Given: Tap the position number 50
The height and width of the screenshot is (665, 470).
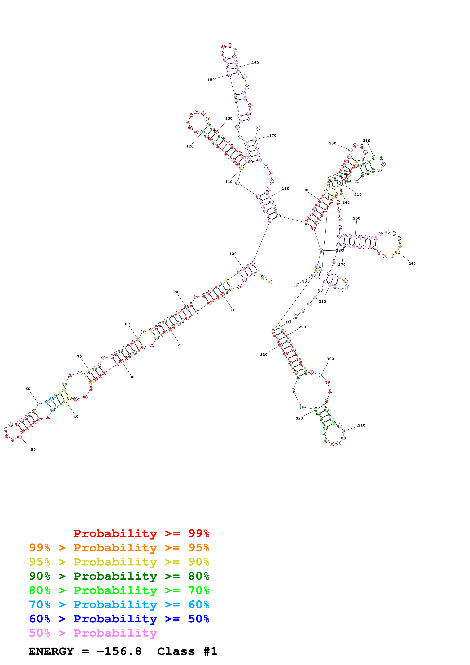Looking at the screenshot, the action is click(x=33, y=449).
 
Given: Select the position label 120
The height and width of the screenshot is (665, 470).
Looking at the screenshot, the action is click(x=190, y=146).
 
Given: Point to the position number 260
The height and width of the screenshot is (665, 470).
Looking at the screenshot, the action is click(x=412, y=263).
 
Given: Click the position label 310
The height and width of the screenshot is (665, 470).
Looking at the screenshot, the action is click(x=361, y=425).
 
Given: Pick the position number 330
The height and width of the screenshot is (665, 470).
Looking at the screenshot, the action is click(x=264, y=354).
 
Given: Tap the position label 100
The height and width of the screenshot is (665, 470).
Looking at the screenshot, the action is click(x=233, y=254).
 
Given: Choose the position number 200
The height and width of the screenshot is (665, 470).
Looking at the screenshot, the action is click(x=332, y=143).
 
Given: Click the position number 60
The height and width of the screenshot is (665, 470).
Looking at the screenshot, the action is click(x=28, y=389).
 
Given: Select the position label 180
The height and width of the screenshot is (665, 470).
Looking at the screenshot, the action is click(x=285, y=189).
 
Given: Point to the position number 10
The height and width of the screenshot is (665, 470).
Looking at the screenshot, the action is click(x=233, y=310).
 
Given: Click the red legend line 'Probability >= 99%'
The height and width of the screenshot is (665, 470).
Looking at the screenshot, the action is click(x=141, y=533).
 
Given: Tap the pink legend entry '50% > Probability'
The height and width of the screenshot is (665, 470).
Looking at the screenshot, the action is click(x=93, y=633).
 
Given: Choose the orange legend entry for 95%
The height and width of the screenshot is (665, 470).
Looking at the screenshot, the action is click(x=119, y=548).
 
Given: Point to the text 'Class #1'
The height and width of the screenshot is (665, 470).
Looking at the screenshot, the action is click(x=187, y=651).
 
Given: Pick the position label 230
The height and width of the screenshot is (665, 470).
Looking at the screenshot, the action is click(x=366, y=141).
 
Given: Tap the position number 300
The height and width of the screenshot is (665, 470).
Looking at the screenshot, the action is click(x=330, y=359).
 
